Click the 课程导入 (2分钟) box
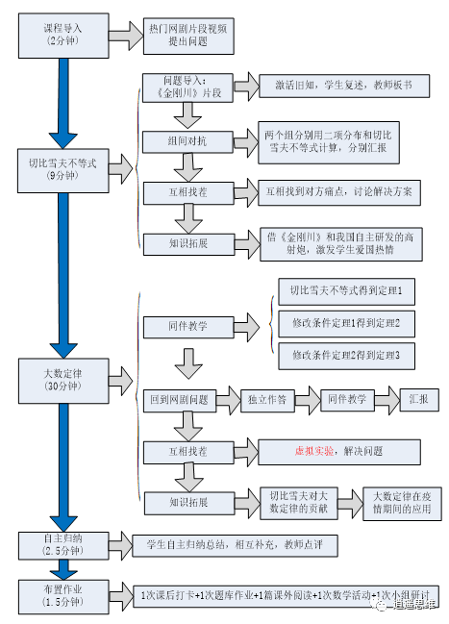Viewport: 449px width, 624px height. pos(60,37)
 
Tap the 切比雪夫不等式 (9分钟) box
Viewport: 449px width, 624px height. pos(60,169)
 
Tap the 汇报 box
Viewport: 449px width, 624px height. pos(418,398)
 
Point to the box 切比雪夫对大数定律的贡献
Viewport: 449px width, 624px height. pos(298,502)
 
